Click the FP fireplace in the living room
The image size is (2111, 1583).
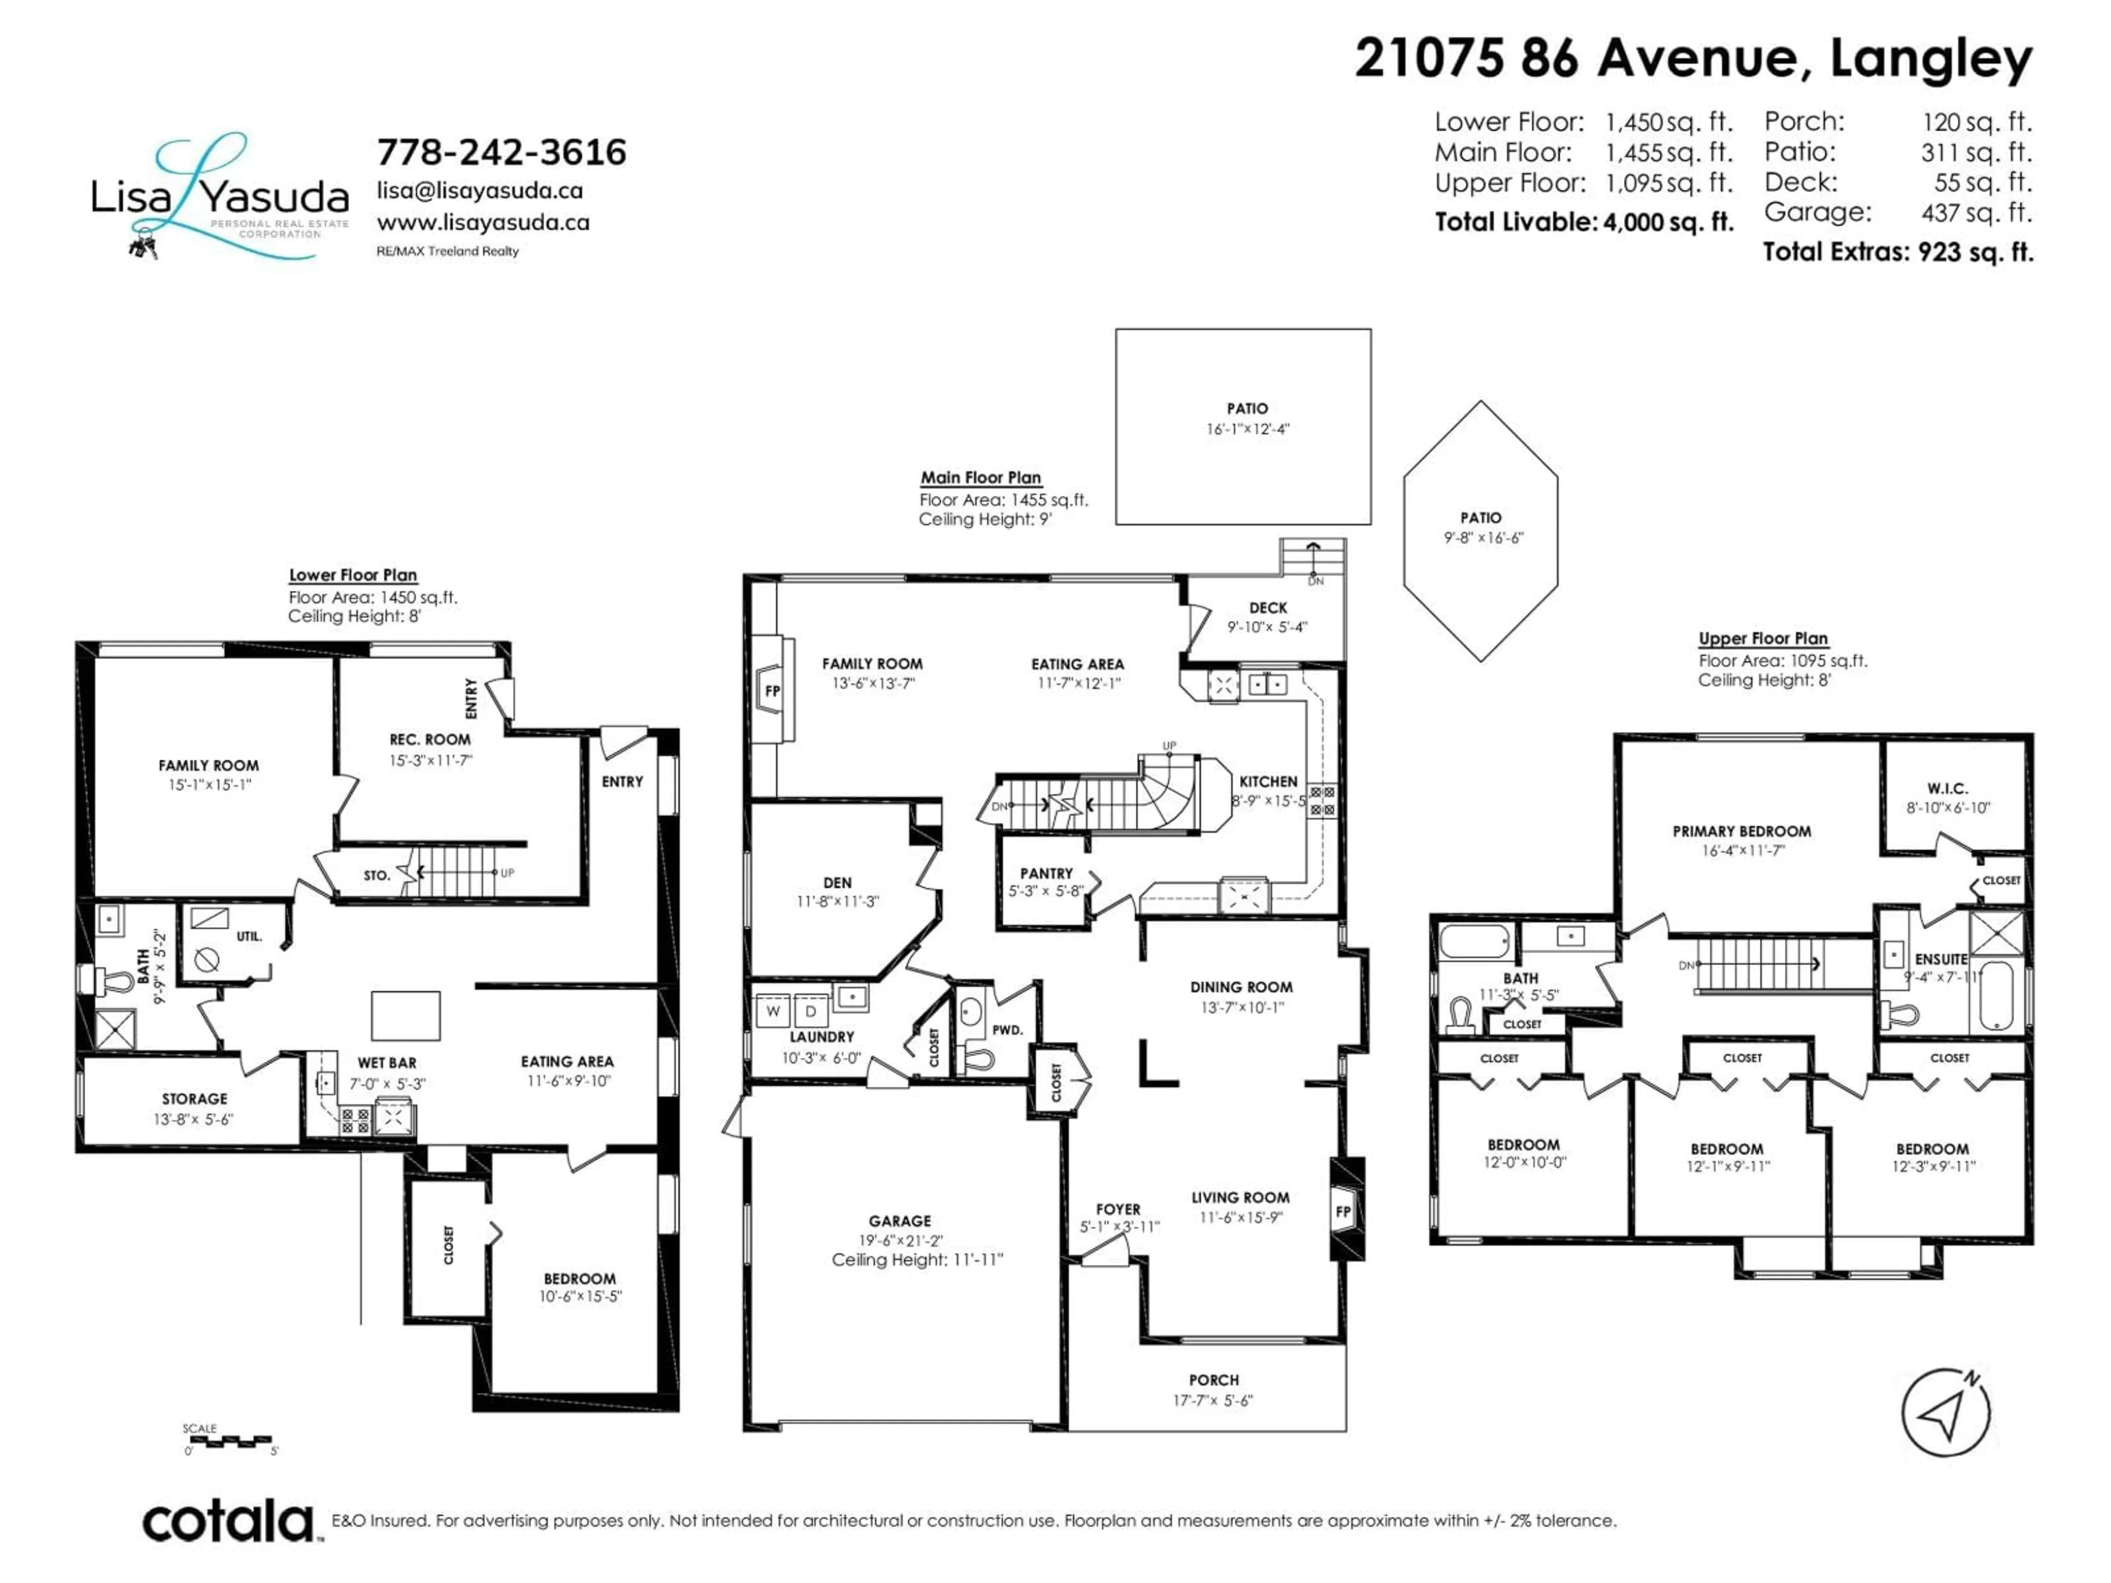(1343, 1212)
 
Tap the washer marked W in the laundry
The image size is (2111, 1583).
(773, 1010)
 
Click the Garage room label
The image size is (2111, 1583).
(899, 1220)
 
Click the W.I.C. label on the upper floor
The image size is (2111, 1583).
(1947, 788)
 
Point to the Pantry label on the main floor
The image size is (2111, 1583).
(1046, 873)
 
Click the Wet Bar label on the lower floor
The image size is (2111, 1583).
(386, 1062)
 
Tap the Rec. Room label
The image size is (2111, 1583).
(429, 739)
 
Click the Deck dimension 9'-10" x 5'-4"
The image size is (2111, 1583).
(1267, 627)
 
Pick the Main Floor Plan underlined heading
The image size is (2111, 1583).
(980, 477)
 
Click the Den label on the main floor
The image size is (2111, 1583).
(837, 883)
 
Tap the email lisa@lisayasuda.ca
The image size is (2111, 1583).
(479, 190)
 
